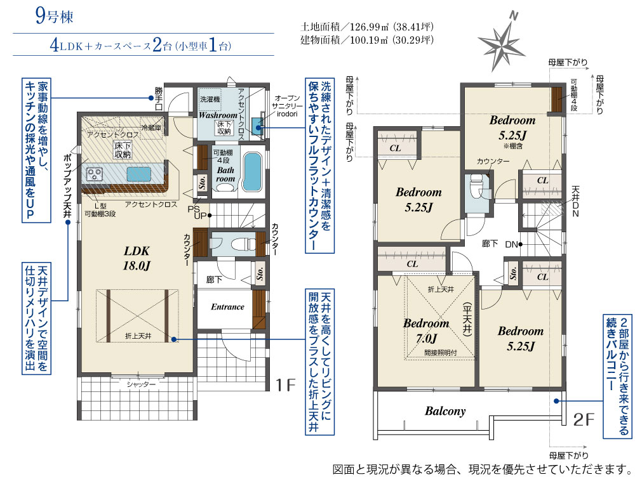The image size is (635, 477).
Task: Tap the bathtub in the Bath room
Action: click(x=252, y=171)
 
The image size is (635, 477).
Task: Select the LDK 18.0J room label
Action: click(x=137, y=258)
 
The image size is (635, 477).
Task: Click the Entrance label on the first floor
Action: click(x=227, y=306)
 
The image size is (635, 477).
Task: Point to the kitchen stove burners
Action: click(x=95, y=175)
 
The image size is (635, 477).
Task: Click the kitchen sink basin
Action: click(x=139, y=174)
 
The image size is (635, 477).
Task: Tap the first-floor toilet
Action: click(x=240, y=244)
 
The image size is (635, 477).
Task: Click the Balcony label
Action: click(x=445, y=411)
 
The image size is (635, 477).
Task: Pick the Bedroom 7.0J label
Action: click(x=426, y=330)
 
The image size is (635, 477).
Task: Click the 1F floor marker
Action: click(x=286, y=385)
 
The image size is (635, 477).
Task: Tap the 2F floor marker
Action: click(x=584, y=419)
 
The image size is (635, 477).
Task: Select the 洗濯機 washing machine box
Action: click(x=210, y=100)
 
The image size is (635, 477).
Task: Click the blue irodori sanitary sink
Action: click(x=257, y=126)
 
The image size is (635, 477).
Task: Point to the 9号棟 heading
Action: click(x=54, y=16)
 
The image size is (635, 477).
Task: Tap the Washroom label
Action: click(x=218, y=115)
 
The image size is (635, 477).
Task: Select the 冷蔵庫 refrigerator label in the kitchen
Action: click(x=151, y=128)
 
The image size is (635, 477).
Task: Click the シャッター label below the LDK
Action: click(x=141, y=384)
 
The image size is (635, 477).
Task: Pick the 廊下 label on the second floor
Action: click(x=490, y=244)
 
